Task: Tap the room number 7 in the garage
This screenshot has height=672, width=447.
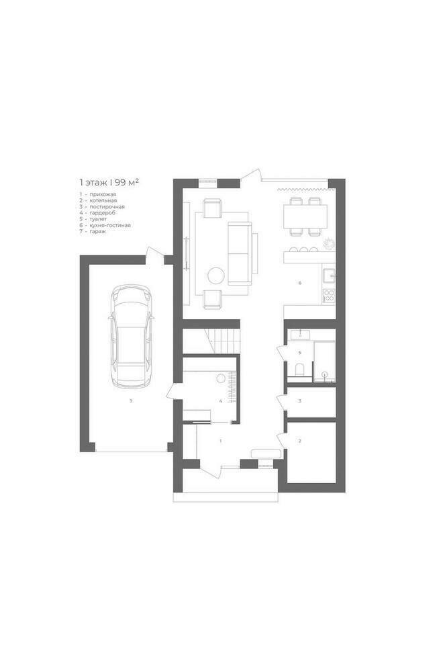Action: (132, 401)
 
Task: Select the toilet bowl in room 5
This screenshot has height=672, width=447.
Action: (300, 369)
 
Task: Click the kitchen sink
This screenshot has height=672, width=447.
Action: (329, 275)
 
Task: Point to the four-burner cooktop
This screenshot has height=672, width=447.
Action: (330, 295)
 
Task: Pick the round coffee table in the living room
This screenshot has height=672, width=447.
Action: (216, 275)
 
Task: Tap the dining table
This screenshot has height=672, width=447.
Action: (305, 216)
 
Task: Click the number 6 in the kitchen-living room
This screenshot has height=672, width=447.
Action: (300, 283)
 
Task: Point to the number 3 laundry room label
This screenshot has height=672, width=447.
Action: (300, 401)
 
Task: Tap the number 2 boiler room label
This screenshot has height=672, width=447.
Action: (300, 441)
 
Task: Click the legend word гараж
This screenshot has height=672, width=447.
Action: (98, 231)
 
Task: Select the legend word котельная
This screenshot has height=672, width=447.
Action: (103, 200)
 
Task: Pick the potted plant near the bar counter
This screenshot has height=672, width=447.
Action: (328, 243)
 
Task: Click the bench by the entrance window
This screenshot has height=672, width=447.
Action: (266, 453)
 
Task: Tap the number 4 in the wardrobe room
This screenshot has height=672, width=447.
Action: (221, 401)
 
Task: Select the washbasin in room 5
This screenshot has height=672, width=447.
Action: (301, 335)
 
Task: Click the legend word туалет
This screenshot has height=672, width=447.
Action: (99, 219)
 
